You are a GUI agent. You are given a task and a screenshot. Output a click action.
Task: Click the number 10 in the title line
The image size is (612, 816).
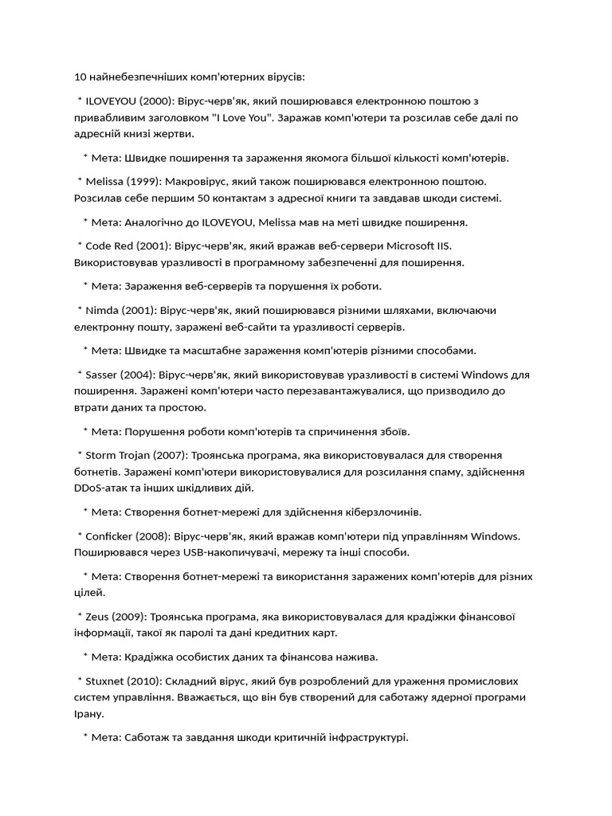[x=79, y=77]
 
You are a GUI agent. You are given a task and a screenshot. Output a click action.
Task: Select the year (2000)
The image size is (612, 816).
[x=158, y=101]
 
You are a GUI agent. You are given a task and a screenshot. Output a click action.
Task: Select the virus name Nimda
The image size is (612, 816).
[x=101, y=310]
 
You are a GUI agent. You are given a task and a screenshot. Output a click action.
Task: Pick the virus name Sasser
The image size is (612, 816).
[x=102, y=375]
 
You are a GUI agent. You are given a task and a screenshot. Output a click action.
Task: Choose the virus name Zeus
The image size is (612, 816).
[x=98, y=617]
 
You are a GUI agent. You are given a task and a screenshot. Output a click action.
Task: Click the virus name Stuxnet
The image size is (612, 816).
[x=105, y=681]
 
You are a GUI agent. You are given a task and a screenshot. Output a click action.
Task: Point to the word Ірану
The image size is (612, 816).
[x=88, y=713]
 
